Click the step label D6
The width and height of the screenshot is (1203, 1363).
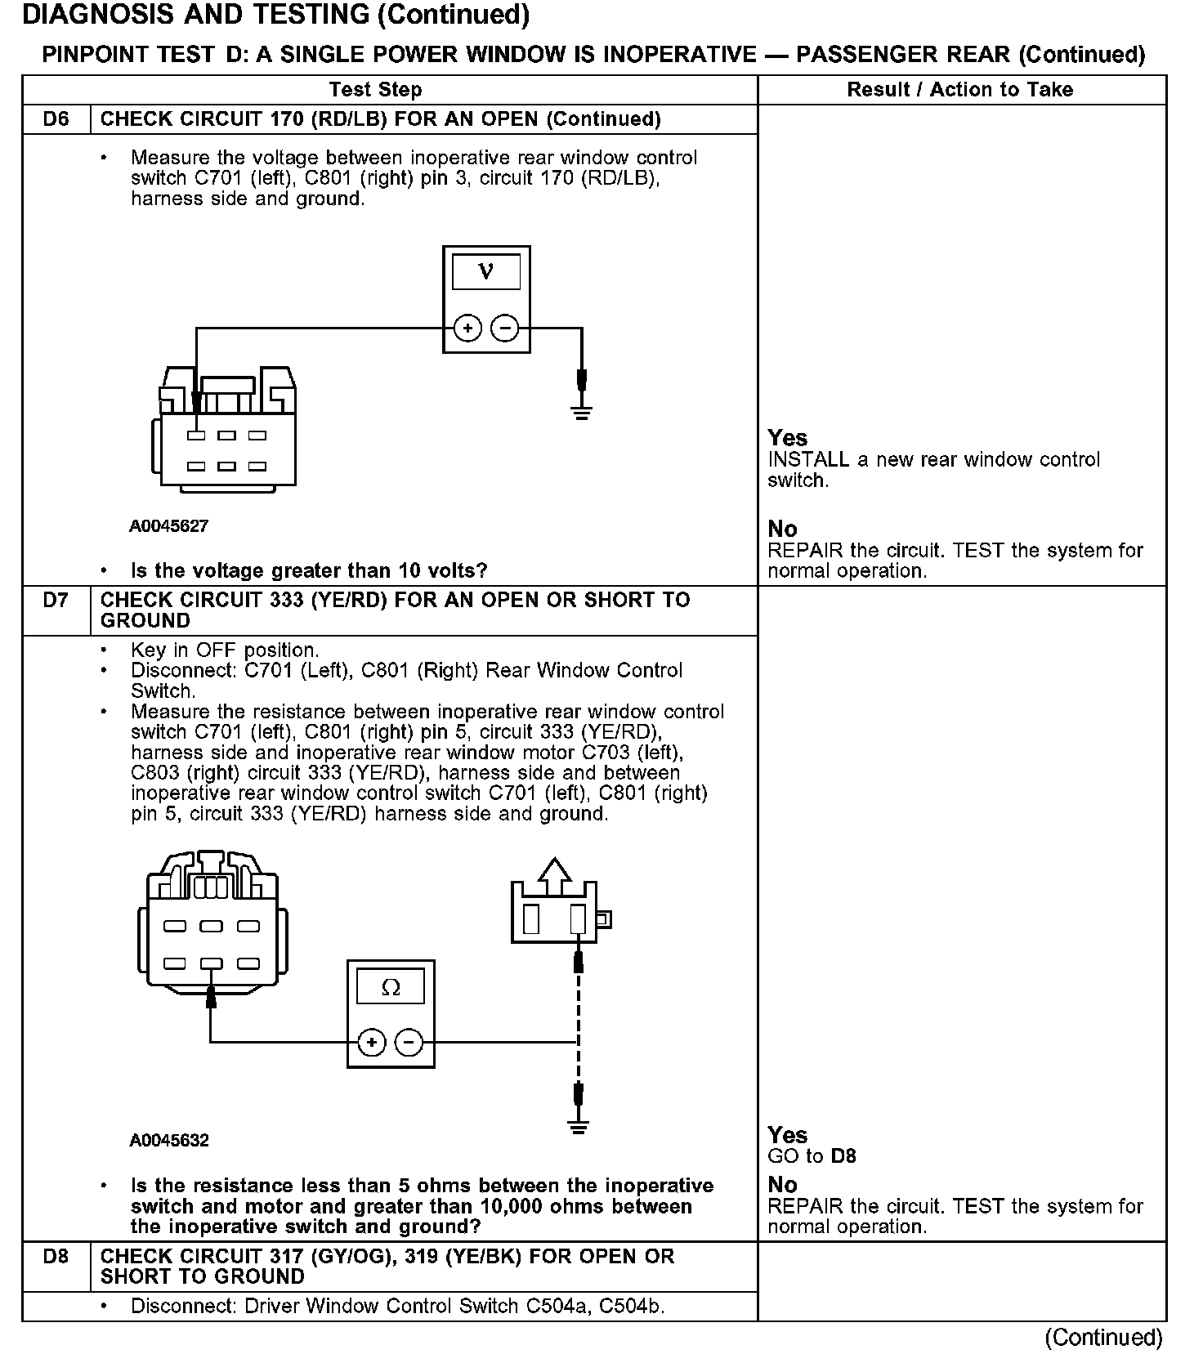click(56, 119)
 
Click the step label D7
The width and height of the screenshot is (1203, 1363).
click(56, 601)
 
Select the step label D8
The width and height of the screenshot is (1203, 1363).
click(56, 1256)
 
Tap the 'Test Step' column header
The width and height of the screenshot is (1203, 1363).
click(375, 90)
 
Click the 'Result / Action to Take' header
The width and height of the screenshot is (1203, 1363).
click(959, 90)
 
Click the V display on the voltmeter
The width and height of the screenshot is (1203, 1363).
click(486, 271)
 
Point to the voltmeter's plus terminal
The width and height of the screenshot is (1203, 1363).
click(467, 328)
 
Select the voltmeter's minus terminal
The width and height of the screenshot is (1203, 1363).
click(505, 328)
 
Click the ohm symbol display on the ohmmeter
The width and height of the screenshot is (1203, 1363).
click(391, 988)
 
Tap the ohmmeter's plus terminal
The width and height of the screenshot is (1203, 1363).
click(372, 1042)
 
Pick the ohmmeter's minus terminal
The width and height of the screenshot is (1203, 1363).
click(409, 1042)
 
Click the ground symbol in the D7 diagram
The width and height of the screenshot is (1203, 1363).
click(579, 1128)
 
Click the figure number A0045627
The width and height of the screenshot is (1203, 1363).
click(169, 526)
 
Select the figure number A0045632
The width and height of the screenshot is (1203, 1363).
click(169, 1140)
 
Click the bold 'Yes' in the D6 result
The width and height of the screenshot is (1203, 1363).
click(787, 438)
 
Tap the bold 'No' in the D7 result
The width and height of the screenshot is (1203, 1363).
click(782, 1185)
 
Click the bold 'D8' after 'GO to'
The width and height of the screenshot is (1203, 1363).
click(843, 1156)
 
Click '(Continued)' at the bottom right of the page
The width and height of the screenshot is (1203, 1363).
click(1103, 1337)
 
